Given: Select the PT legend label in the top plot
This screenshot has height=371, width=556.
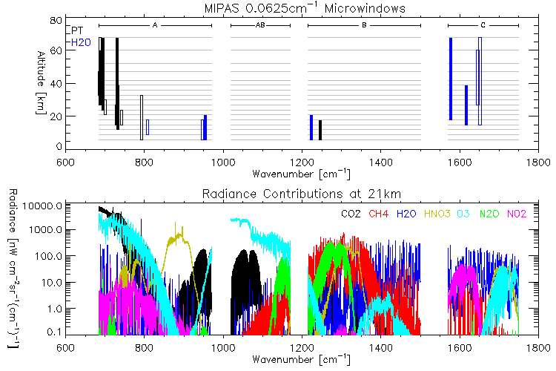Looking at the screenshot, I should point(77,30).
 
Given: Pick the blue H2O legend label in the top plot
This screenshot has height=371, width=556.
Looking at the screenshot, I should point(80,42).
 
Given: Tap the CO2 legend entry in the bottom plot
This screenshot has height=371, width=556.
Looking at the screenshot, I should point(351,215).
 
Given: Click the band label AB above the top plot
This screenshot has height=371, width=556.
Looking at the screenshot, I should point(260,25).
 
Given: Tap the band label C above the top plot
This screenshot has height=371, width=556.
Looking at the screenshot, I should point(482,25).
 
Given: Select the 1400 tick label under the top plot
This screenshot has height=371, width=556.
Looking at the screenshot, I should point(380,162).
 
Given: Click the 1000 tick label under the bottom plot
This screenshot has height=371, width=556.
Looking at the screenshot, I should point(222,347).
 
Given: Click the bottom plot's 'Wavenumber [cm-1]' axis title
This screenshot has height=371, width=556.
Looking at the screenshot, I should point(301,359).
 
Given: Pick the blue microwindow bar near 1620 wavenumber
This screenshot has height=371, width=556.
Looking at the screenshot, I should point(466,105).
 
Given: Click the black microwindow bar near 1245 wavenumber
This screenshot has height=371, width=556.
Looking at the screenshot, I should point(320,129).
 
